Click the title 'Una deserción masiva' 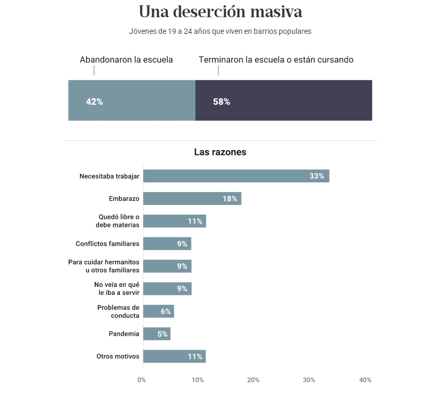(x=220, y=12)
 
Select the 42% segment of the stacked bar (x=132, y=101)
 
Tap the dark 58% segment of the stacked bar (x=283, y=101)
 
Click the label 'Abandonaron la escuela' (x=126, y=60)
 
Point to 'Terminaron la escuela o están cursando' (x=276, y=60)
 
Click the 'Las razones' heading (x=220, y=152)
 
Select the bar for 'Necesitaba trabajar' (x=236, y=176)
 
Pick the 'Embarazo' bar (x=192, y=199)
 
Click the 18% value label (x=230, y=199)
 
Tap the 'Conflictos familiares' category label (x=108, y=244)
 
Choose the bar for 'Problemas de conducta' (x=159, y=312)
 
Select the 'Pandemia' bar (x=157, y=334)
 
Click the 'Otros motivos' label (x=118, y=356)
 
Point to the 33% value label (x=316, y=176)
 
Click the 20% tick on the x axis (x=253, y=380)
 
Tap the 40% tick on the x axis (x=365, y=380)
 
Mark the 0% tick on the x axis (x=141, y=380)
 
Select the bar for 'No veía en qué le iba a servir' (x=167, y=289)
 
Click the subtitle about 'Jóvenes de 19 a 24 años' (x=220, y=31)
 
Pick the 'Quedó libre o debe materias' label (x=118, y=221)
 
